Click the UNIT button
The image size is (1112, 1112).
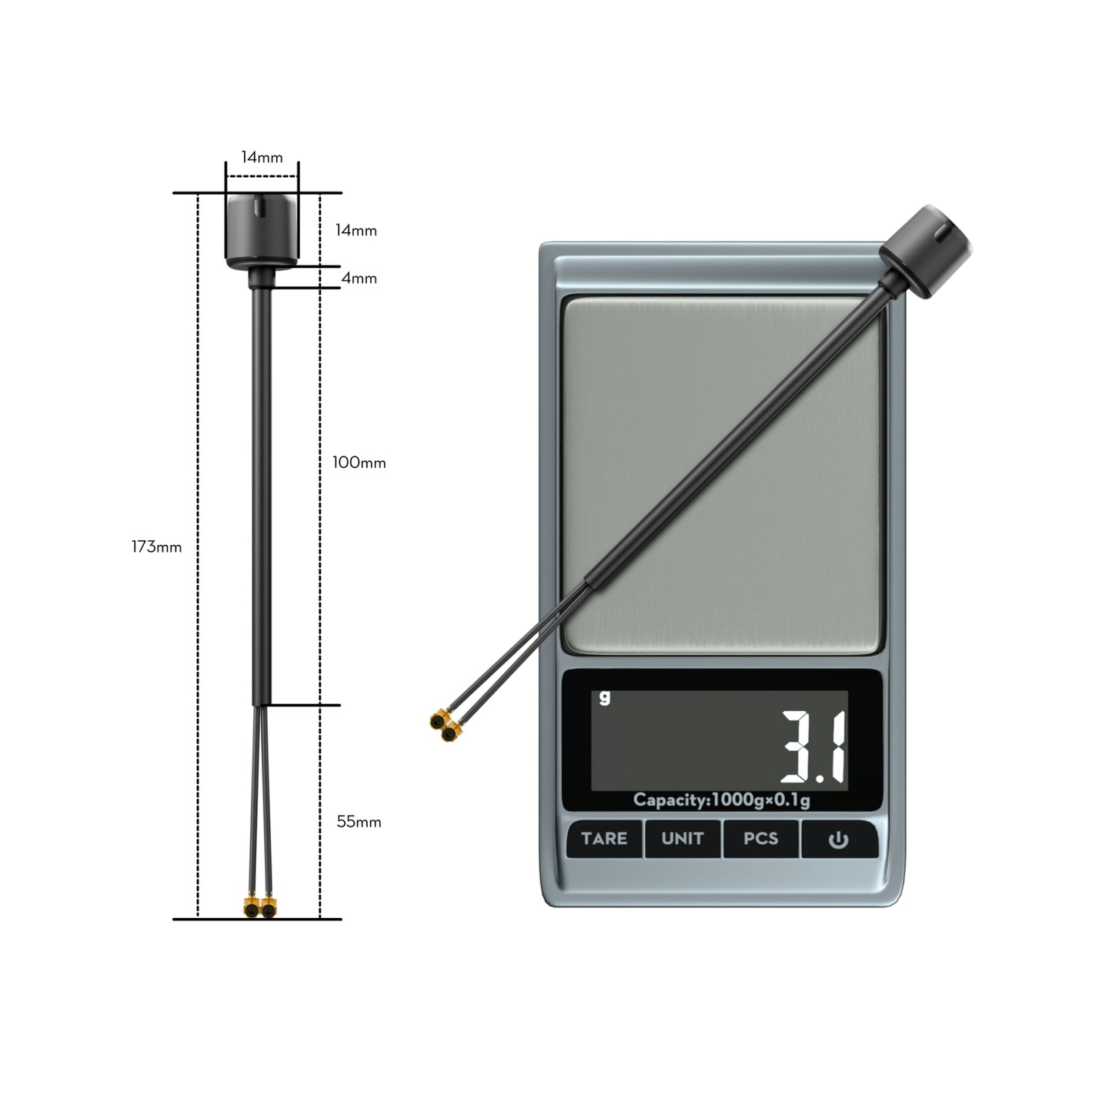(x=683, y=838)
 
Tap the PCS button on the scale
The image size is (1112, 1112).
(x=760, y=838)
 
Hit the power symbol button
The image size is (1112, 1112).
(x=838, y=840)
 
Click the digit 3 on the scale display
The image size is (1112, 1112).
(x=800, y=746)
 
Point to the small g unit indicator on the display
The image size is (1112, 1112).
(x=605, y=697)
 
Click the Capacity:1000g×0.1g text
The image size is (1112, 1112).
(x=721, y=800)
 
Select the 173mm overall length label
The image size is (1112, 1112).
(x=157, y=547)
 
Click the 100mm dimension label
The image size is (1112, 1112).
(x=359, y=462)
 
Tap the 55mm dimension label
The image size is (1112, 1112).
(x=359, y=822)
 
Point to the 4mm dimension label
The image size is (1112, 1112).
(x=359, y=278)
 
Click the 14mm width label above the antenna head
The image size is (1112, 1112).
(x=262, y=158)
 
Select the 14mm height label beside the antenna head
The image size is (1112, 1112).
(x=356, y=230)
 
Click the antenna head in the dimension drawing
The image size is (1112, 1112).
(x=262, y=229)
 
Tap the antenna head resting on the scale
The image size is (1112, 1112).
(x=924, y=252)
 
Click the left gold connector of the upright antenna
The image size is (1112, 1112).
(x=251, y=907)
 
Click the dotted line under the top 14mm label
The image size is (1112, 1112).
(x=262, y=176)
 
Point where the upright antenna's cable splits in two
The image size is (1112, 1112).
(x=262, y=706)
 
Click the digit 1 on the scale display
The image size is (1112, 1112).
(x=837, y=746)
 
